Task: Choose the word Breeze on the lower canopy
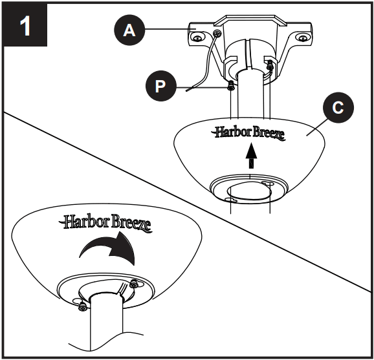click(129, 224)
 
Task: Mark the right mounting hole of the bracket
click(303, 37)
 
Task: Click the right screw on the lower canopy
click(135, 284)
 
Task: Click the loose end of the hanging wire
click(186, 92)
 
